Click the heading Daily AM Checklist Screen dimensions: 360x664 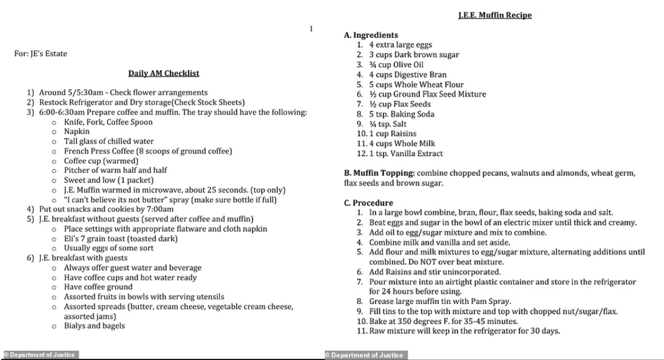pyautogui.click(x=163, y=73)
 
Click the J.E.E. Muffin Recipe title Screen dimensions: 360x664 pyautogui.click(x=495, y=15)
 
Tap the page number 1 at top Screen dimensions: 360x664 pyautogui.click(x=311, y=29)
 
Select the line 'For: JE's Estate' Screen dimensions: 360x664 pyautogui.click(x=41, y=53)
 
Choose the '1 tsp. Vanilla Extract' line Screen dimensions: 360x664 pyautogui.click(x=405, y=154)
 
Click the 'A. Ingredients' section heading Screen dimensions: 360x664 pyautogui.click(x=371, y=35)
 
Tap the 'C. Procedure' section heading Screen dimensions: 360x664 pyautogui.click(x=368, y=203)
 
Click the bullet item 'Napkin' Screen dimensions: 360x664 pyautogui.click(x=77, y=131)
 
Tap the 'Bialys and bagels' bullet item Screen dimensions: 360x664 pyautogui.click(x=94, y=326)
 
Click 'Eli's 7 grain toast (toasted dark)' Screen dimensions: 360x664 pyautogui.click(x=121, y=239)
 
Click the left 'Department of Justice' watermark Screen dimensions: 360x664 pyautogui.click(x=40, y=355)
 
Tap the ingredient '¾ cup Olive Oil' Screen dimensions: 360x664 pyautogui.click(x=396, y=65)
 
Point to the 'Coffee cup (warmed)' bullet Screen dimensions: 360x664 pyautogui.click(x=101, y=161)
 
